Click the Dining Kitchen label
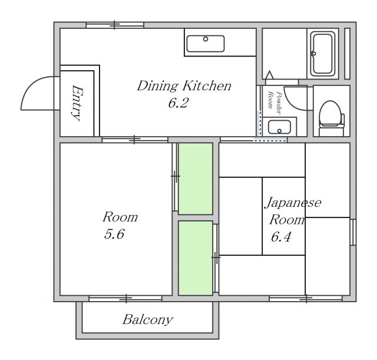pyautogui.click(x=184, y=86)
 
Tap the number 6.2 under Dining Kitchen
pyautogui.click(x=178, y=103)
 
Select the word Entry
pyautogui.click(x=77, y=103)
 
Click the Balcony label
pyautogui.click(x=148, y=320)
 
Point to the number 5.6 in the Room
pyautogui.click(x=114, y=234)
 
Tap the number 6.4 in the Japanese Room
pyautogui.click(x=281, y=237)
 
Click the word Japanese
pyautogui.click(x=293, y=203)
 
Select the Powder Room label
pyautogui.click(x=275, y=103)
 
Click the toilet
pyautogui.click(x=331, y=118)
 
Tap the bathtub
pyautogui.click(x=323, y=54)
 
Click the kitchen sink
pyautogui.click(x=206, y=44)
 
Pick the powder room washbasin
pyautogui.click(x=279, y=127)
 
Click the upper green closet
pyautogui.click(x=196, y=179)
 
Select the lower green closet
pyautogui.click(x=196, y=258)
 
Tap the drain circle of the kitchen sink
pyautogui.click(x=206, y=39)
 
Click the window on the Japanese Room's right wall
pyautogui.click(x=353, y=232)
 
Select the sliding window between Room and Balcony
pyautogui.click(x=125, y=299)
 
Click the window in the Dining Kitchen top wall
pyautogui.click(x=115, y=25)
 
